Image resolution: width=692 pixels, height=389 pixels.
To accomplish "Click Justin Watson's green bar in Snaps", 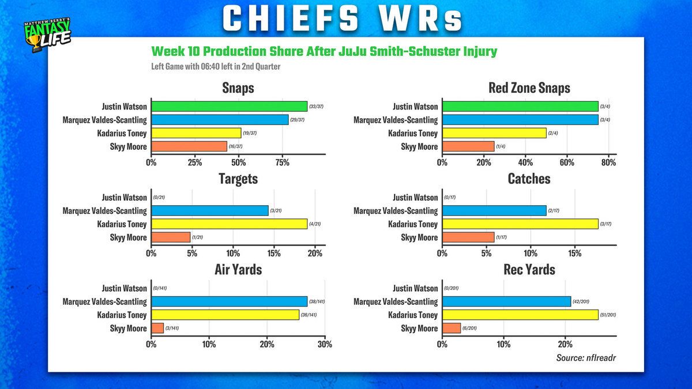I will coord(229,107).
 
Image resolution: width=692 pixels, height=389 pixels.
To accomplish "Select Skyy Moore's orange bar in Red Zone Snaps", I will coord(468,146).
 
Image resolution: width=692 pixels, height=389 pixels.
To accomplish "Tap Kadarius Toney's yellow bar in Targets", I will coord(229,224).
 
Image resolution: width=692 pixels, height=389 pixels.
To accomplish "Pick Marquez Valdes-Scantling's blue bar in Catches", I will coord(494,211).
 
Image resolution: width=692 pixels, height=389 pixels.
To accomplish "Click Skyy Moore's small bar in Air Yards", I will coord(157,328).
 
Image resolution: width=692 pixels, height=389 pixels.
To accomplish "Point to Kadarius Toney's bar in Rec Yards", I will coord(520,315).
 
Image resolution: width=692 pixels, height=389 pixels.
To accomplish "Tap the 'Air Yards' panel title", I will coord(238,269).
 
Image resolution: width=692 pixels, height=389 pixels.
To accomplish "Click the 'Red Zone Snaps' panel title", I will coord(529,88).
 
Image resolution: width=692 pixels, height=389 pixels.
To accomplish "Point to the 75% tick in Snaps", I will coord(282,163).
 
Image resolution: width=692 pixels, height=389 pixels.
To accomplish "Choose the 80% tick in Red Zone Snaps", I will coord(609,163).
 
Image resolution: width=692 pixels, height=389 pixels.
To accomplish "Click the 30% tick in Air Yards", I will coord(325,345).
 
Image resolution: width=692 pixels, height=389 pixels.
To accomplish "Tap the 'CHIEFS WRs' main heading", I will coord(343,19).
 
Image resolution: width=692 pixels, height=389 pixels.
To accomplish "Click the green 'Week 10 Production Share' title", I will coord(324,51).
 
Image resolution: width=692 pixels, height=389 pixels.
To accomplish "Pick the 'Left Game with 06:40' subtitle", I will coord(216,66).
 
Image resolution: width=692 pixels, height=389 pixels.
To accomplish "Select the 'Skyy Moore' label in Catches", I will coord(419,237).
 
